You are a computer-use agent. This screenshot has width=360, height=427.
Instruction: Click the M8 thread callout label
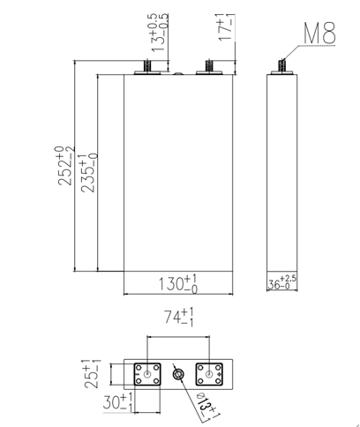click(x=319, y=33)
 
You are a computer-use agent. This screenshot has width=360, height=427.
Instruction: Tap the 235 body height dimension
click(x=89, y=173)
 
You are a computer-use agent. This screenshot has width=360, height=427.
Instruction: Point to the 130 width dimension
click(x=178, y=284)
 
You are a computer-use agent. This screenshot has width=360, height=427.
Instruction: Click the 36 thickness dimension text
click(x=281, y=282)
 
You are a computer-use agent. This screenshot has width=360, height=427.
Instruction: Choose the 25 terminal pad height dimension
click(x=92, y=373)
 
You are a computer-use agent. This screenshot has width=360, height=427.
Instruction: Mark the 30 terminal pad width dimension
click(x=117, y=402)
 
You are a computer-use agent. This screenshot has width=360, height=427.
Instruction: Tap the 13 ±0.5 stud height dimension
click(x=160, y=33)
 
